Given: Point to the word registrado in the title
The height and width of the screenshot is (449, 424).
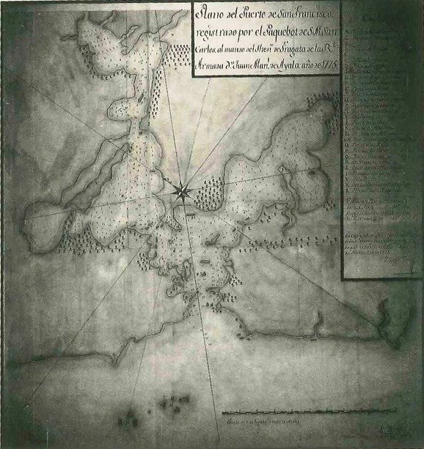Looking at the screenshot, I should [x=216, y=32].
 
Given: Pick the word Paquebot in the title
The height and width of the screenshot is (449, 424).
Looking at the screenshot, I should [x=288, y=32].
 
